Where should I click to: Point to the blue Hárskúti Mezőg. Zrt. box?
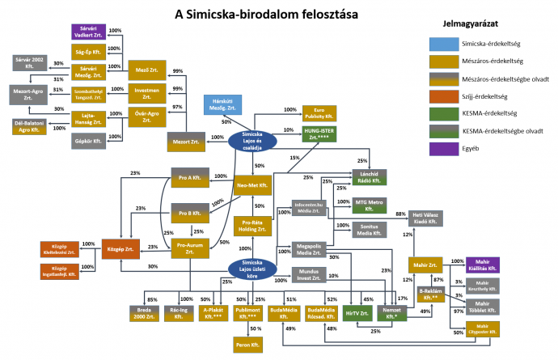[x=222, y=104]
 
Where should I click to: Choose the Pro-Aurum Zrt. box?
[x=188, y=248]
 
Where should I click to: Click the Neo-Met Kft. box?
[x=252, y=186]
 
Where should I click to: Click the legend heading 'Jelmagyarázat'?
[x=468, y=25]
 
